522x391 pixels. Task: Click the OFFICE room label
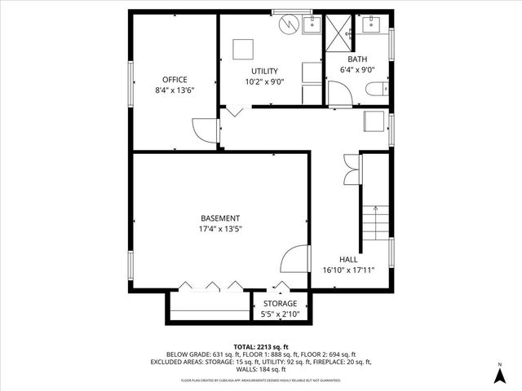(x=175, y=80)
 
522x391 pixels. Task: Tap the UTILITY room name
(x=264, y=72)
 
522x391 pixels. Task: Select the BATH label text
(x=357, y=59)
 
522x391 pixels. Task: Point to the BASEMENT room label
(x=220, y=218)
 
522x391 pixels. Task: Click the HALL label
(x=348, y=259)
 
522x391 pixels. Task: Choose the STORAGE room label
(x=279, y=303)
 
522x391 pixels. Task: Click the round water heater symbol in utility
(x=289, y=25)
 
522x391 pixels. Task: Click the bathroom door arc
(x=340, y=93)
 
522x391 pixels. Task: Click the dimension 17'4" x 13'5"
(x=220, y=229)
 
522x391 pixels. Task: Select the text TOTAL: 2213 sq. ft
(x=260, y=345)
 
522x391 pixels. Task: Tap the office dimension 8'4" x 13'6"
(x=175, y=90)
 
